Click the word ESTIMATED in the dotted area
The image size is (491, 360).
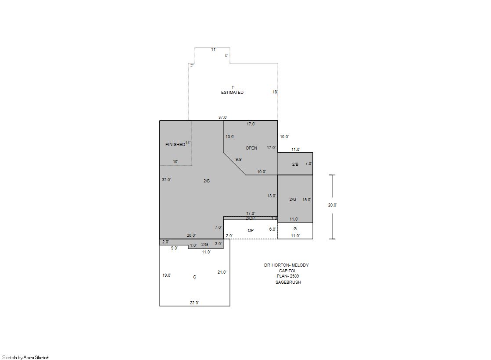tap(232, 93)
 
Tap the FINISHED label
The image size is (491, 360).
tap(175, 145)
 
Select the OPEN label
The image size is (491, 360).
tap(251, 148)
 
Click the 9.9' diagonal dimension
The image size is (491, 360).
tap(239, 159)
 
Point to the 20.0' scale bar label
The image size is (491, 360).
tap(333, 205)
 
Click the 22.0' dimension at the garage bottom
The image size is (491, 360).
tap(194, 303)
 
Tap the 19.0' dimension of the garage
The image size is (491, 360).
tap(167, 275)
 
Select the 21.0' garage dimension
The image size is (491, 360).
tap(222, 272)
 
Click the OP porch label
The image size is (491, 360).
tap(251, 230)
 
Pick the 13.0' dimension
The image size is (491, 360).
tap(272, 196)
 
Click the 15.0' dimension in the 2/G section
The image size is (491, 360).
tap(307, 200)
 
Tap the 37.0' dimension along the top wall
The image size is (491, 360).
tap(223, 118)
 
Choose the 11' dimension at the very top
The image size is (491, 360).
tap(214, 50)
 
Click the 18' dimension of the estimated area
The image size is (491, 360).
tap(275, 92)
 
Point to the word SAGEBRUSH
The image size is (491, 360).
tap(288, 282)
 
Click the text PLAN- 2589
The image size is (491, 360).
tap(288, 276)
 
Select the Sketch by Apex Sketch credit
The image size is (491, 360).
tap(26, 357)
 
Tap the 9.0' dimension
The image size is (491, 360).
tap(174, 248)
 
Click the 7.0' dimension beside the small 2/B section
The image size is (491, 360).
tap(309, 164)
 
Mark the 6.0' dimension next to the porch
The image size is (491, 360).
tap(272, 229)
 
